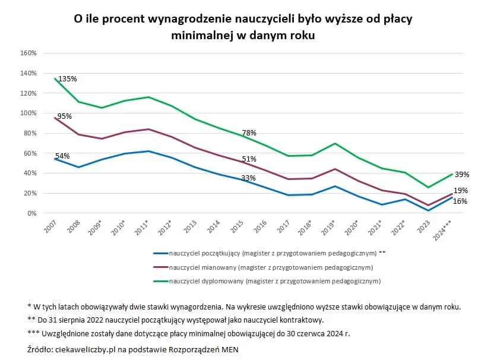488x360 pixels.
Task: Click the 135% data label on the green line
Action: pyautogui.click(x=67, y=79)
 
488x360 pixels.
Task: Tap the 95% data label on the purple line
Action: pyautogui.click(x=64, y=116)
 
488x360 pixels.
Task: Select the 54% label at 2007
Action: pyautogui.click(x=62, y=156)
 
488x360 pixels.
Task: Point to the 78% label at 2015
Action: pyautogui.click(x=249, y=133)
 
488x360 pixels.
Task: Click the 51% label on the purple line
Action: pyautogui.click(x=249, y=159)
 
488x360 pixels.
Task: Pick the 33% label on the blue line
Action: pyautogui.click(x=248, y=178)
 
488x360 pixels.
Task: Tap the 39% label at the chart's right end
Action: pyautogui.click(x=462, y=175)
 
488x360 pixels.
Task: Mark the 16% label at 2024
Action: pyautogui.click(x=460, y=201)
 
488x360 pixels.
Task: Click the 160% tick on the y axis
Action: pyautogui.click(x=28, y=53)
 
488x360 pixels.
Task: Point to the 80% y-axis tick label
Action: pyautogui.click(x=30, y=133)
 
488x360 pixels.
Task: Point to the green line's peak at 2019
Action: pyautogui.click(x=336, y=143)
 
